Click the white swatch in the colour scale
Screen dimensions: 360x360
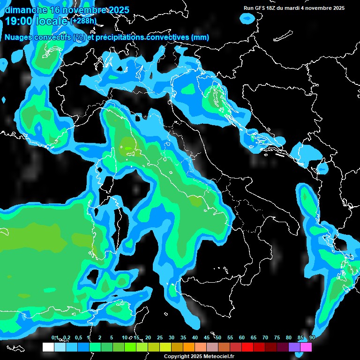pyautogui.click(x=48, y=347)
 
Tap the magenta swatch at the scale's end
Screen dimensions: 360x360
pyautogui.click(x=306, y=347)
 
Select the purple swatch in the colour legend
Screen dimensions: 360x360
pyautogui.click(x=294, y=347)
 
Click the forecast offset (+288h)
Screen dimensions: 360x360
pyautogui.click(x=84, y=21)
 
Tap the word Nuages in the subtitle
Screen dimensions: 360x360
pyautogui.click(x=19, y=37)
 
